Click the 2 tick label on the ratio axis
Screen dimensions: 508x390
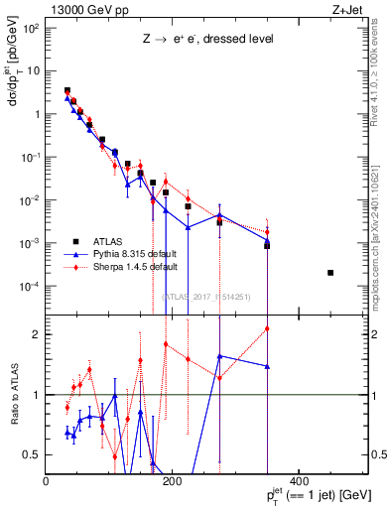pos(38,334)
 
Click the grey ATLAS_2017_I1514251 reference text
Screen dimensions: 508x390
pos(206,296)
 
